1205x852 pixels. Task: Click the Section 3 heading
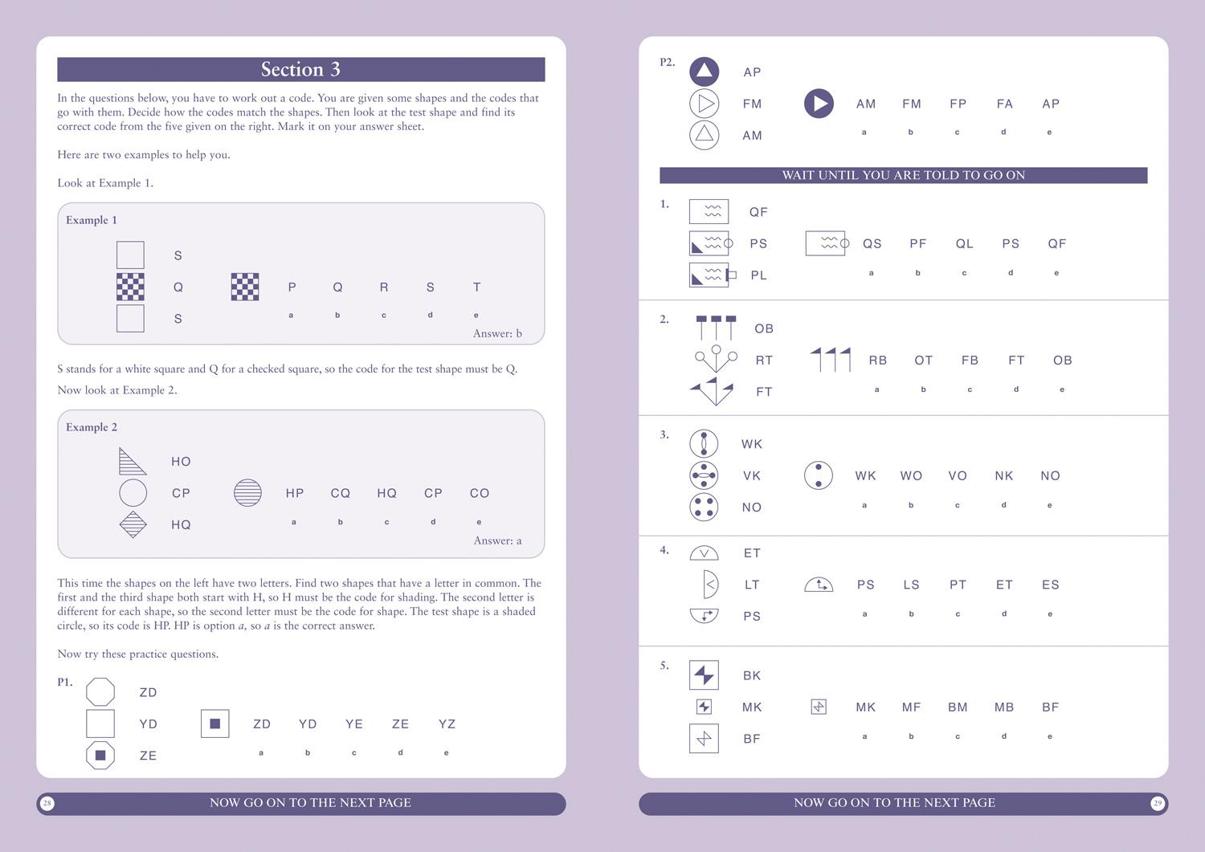click(300, 70)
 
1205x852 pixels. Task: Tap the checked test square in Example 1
click(245, 287)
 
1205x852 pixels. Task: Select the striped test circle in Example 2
click(247, 492)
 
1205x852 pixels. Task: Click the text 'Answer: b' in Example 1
click(497, 333)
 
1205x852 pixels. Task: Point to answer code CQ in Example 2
click(341, 493)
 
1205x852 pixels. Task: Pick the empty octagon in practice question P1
click(100, 691)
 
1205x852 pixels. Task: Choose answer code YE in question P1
click(354, 724)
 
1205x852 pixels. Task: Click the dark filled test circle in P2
click(819, 104)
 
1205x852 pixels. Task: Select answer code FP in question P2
click(958, 104)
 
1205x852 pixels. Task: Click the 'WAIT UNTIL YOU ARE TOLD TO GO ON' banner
click(903, 175)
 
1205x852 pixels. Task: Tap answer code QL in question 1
click(964, 243)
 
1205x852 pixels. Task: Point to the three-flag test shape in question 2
click(831, 360)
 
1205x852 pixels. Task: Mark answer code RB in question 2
click(877, 361)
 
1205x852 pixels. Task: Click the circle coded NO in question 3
click(704, 507)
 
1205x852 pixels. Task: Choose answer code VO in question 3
click(958, 475)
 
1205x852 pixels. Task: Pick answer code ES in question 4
click(1051, 585)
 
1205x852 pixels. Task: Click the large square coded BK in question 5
click(704, 675)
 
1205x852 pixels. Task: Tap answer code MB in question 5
click(1004, 707)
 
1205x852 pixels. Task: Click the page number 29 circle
click(1157, 803)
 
